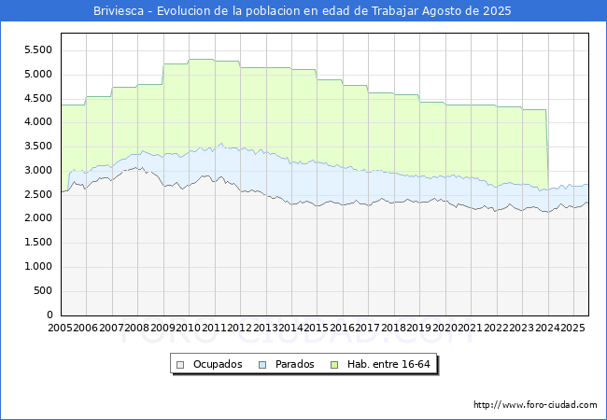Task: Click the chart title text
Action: pyautogui.click(x=303, y=11)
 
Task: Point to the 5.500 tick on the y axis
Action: pyautogui.click(x=36, y=50)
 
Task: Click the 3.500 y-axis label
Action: pyautogui.click(x=36, y=147)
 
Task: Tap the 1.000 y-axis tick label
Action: pyautogui.click(x=36, y=267)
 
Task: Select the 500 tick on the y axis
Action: pyautogui.click(x=43, y=291)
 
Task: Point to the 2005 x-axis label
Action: pyautogui.click(x=61, y=328)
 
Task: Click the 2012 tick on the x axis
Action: pyautogui.click(x=240, y=328)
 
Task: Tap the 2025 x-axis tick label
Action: pyautogui.click(x=572, y=328)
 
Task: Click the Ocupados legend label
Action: pyautogui.click(x=218, y=364)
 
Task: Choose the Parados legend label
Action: pyautogui.click(x=294, y=364)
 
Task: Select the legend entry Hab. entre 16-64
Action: pyautogui.click(x=395, y=364)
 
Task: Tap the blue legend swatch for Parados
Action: pyautogui.click(x=263, y=364)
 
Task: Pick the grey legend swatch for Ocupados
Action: pyautogui.click(x=180, y=364)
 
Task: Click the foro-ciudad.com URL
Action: pyautogui.click(x=535, y=405)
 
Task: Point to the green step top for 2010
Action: pyautogui.click(x=202, y=60)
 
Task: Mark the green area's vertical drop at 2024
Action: pyautogui.click(x=547, y=149)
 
